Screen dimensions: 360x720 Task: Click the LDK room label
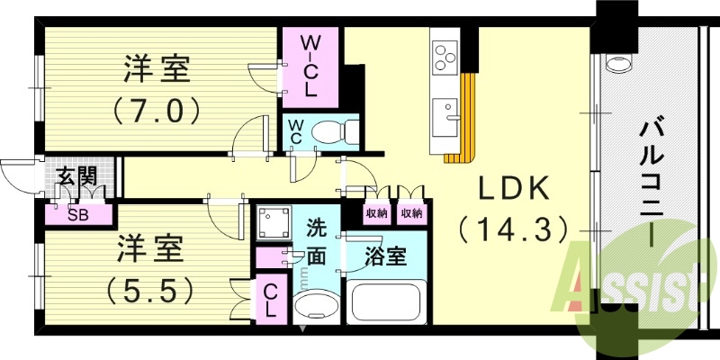(513, 190)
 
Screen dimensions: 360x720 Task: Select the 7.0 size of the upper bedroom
(155, 111)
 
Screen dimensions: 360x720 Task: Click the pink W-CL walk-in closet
(310, 66)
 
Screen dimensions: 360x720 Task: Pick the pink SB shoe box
(78, 215)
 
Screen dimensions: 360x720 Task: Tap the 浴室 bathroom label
(389, 256)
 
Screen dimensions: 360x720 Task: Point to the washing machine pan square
(272, 224)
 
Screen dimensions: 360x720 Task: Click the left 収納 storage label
(376, 213)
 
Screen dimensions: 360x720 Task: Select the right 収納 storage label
(411, 213)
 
